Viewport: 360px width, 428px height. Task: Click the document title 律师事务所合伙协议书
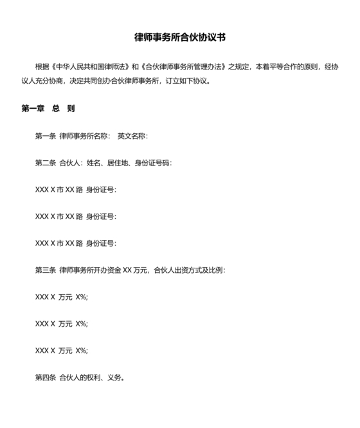[180, 37]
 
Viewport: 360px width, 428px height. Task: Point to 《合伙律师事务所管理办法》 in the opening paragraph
[181, 66]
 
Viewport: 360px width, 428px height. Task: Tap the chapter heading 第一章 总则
[48, 109]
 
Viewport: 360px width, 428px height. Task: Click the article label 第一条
[46, 136]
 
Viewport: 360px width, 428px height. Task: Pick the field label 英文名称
[132, 136]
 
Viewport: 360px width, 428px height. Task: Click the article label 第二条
[46, 163]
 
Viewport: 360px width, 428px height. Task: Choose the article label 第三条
[46, 270]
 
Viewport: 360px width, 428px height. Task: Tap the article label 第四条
[46, 378]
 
